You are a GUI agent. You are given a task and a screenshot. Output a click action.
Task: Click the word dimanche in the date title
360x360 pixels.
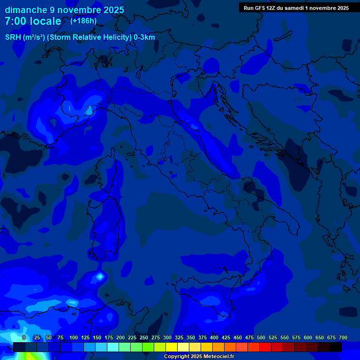click(x=26, y=10)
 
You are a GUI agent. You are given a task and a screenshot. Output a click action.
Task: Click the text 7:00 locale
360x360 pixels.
click(x=33, y=21)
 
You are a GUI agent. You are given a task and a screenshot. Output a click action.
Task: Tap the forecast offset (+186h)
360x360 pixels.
click(x=84, y=21)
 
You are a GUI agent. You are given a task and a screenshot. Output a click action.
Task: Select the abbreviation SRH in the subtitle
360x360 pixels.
click(x=13, y=37)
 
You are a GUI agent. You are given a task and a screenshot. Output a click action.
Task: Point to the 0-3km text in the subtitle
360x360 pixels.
click(x=144, y=37)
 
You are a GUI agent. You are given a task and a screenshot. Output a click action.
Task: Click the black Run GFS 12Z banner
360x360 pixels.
click(x=296, y=8)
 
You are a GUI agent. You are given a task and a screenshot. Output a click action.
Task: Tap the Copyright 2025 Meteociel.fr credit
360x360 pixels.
click(x=199, y=357)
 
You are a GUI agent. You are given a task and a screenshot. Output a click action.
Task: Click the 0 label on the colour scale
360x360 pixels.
click(x=24, y=337)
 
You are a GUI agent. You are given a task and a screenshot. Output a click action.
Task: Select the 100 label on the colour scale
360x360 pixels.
click(x=74, y=337)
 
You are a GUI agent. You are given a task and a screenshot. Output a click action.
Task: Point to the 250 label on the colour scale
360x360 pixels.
click(x=144, y=337)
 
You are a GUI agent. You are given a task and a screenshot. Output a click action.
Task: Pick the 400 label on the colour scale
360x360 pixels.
click(x=214, y=337)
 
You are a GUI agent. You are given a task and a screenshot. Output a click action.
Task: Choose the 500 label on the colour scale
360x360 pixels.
click(x=261, y=337)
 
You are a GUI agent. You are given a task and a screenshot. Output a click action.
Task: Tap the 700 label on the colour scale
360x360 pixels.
click(x=343, y=337)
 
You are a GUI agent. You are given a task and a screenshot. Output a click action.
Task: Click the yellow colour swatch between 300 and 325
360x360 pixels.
click(x=172, y=347)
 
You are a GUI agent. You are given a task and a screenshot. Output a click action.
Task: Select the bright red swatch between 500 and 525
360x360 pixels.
click(x=265, y=347)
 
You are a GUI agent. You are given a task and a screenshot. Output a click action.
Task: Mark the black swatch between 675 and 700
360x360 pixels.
click(x=336, y=347)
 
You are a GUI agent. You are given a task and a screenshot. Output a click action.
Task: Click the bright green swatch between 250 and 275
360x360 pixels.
click(x=148, y=347)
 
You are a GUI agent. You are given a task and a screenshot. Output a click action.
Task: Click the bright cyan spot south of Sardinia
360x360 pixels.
click(x=100, y=276)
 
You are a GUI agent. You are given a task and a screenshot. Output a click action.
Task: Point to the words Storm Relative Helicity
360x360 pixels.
click(x=89, y=37)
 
